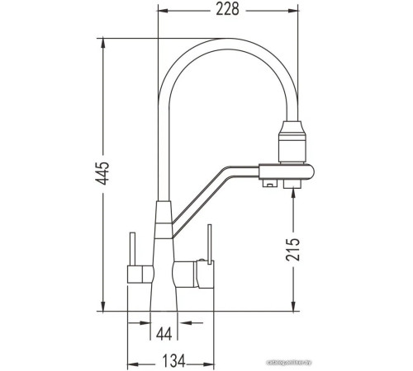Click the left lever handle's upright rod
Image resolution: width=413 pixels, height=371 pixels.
[x=130, y=248]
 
